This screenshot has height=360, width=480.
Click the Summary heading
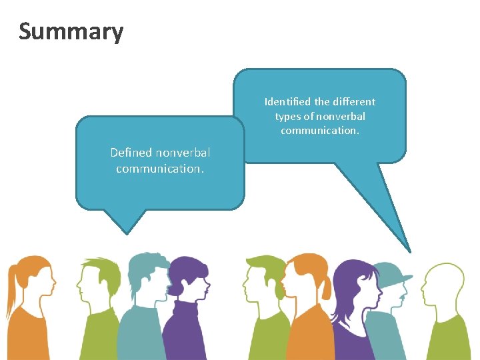click(x=71, y=31)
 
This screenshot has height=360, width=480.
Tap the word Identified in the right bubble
click(x=287, y=102)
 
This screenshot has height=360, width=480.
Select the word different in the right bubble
click(x=354, y=102)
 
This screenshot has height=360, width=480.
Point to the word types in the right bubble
click(x=288, y=117)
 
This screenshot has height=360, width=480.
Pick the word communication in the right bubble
click(x=319, y=131)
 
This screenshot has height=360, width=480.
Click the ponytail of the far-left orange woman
click(x=13, y=287)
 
